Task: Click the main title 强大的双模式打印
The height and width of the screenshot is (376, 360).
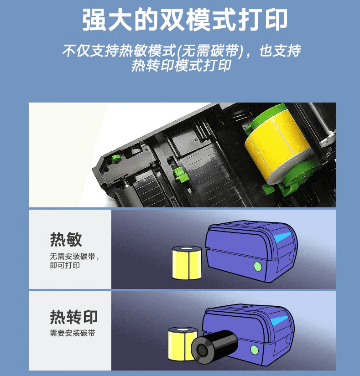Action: tap(185, 20)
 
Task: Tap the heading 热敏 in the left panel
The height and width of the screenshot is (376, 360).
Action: tap(66, 239)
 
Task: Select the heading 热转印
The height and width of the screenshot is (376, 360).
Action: tap(73, 317)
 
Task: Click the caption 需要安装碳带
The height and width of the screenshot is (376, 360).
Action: tap(73, 333)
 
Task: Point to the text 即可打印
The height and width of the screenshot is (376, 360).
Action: tap(65, 265)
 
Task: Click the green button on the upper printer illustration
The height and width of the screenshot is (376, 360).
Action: tap(257, 267)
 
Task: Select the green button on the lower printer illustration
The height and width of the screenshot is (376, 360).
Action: tap(255, 350)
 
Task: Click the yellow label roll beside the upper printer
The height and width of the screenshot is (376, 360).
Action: tap(187, 263)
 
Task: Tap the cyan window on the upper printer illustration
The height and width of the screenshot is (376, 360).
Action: tap(282, 237)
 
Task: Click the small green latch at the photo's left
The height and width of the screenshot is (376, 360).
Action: tap(115, 159)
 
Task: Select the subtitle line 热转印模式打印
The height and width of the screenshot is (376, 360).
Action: tap(182, 65)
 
